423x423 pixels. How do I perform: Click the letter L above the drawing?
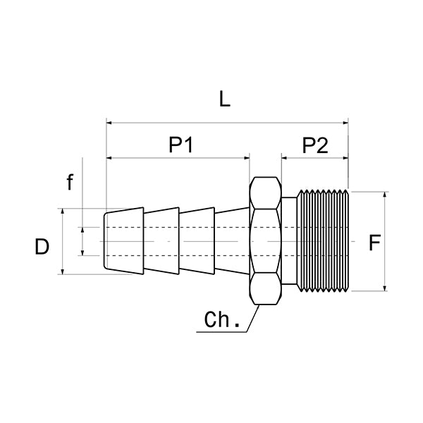pos(225,99)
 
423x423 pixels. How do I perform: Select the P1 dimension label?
pos(180,145)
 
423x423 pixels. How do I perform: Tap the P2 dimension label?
pos(315,145)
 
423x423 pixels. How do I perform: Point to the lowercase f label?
pos(70,182)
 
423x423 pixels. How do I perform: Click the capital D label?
pos(42,247)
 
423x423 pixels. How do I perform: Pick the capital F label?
pos(374,243)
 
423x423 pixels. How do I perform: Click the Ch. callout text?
pos(222,319)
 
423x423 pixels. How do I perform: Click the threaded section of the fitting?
pos(323,241)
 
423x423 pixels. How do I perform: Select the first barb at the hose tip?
pos(124,241)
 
